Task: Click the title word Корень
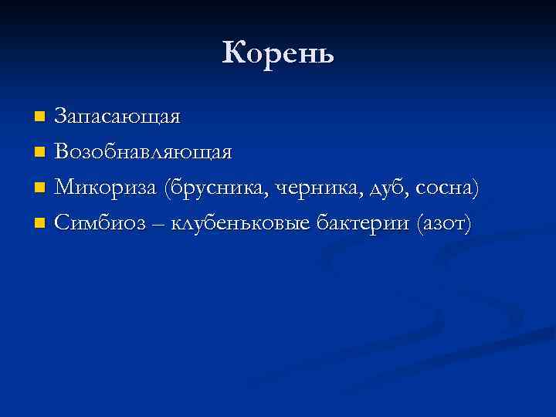[278, 54]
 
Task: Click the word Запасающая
[118, 117]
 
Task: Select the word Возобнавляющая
[143, 152]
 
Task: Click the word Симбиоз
[99, 222]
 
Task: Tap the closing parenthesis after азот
[466, 223]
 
